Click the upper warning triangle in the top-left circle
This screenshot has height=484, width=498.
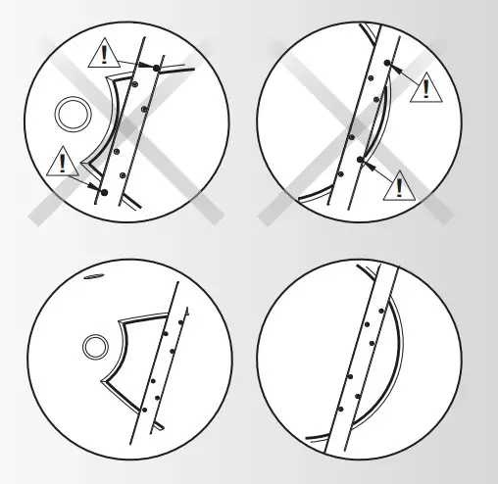103,54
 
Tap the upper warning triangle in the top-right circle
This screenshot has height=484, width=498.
424,87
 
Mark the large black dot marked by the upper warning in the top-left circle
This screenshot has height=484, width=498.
156,67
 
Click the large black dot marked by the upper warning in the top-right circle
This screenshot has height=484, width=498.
387,64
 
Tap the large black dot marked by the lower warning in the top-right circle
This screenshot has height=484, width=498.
361,159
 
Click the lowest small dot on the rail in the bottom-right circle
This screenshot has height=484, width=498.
339,407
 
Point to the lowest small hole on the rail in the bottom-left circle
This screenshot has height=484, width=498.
144,409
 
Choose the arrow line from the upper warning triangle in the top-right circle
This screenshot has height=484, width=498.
403,73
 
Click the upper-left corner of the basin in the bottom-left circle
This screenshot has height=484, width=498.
121,320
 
